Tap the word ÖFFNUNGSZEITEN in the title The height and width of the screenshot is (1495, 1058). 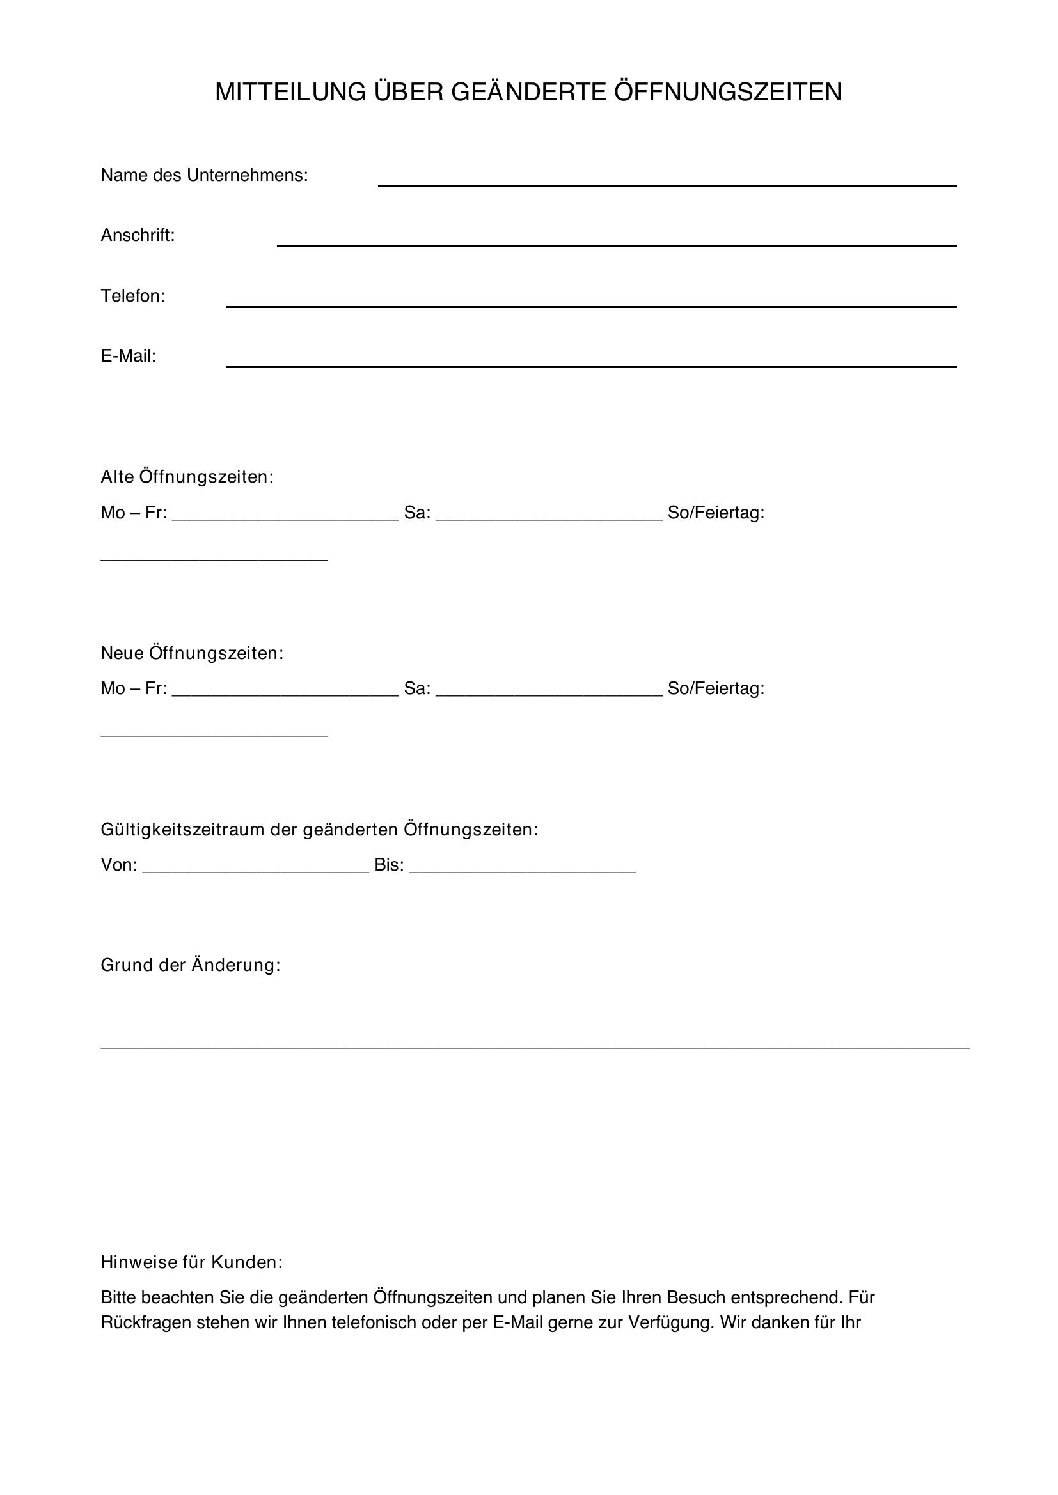(728, 93)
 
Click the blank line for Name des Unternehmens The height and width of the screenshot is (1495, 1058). (667, 181)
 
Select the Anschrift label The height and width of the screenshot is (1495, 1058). (138, 235)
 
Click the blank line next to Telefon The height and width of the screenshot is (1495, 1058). (591, 302)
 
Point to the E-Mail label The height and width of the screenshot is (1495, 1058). (129, 356)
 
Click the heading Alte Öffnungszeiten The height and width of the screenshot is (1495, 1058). (187, 477)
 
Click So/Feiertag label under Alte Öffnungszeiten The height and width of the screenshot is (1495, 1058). (715, 513)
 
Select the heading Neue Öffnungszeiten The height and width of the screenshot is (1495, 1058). (191, 653)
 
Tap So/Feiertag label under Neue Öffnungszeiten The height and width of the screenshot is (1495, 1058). (715, 689)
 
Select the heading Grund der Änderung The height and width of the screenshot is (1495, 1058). (190, 965)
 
